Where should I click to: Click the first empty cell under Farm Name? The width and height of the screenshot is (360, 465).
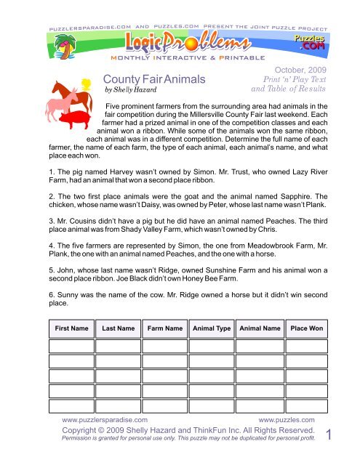pos(164,345)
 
